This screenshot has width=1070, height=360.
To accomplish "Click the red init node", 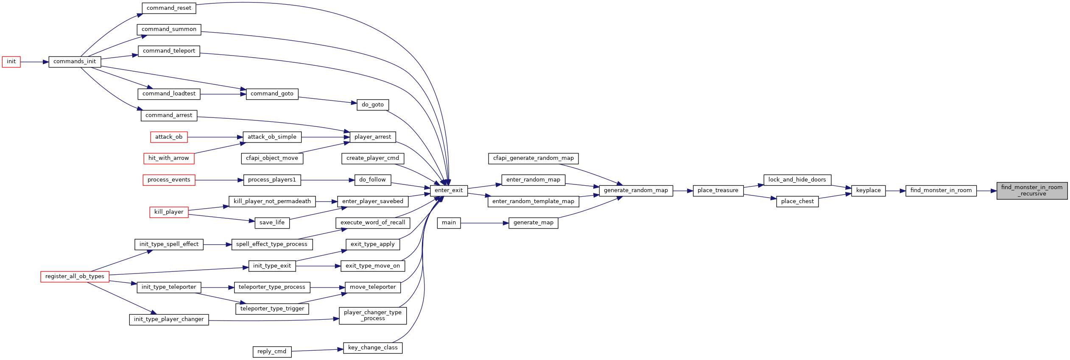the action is [11, 62].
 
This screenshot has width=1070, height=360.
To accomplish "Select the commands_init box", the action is [75, 62].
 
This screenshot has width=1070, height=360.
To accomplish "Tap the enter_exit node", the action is [449, 191].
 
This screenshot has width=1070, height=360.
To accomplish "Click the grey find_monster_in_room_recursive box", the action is [1032, 191].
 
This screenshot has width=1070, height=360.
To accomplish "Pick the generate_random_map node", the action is [636, 191].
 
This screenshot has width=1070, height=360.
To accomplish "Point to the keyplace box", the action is [868, 191].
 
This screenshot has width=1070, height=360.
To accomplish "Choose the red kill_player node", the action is [169, 212].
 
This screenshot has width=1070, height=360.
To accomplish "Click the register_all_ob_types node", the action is [75, 277].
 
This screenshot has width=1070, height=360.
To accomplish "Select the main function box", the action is [449, 223].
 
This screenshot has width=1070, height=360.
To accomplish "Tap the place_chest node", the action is [797, 202].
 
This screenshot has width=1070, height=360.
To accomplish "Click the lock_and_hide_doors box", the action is [797, 180].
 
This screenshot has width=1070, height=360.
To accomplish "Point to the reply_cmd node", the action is [272, 352].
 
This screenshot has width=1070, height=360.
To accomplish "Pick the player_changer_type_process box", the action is [373, 316].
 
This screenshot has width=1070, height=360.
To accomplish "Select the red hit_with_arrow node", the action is [169, 159].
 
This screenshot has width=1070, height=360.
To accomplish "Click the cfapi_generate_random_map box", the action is [533, 159].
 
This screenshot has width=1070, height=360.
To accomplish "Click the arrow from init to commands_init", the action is [34, 62].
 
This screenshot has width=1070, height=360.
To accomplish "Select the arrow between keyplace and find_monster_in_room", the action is [895, 191].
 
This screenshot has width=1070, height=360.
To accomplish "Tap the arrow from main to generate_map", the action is [485, 223].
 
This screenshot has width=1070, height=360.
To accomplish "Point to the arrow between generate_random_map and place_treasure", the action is [683, 191].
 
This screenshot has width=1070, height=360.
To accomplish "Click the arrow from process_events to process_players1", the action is [219, 180].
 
